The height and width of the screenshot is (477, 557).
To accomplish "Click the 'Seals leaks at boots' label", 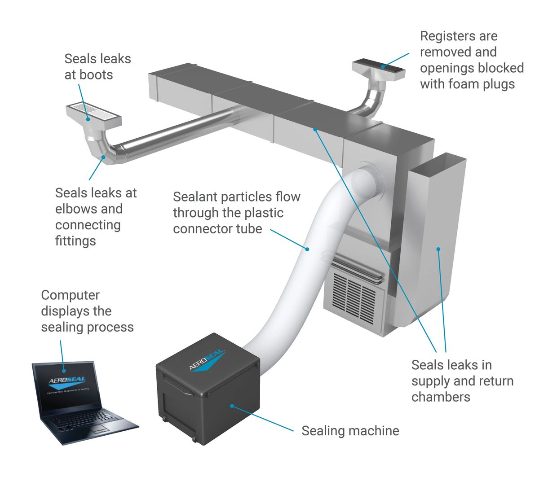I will pos(97,66).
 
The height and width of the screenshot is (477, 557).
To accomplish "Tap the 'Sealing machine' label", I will pos(350,431).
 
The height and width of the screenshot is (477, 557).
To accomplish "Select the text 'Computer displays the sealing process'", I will pos(87,311).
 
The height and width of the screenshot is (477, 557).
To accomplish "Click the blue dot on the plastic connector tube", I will pos(308,249).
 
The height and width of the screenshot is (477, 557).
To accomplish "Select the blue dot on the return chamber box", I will pos(438,248).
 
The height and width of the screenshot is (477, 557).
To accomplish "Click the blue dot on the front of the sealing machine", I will pos(232,406).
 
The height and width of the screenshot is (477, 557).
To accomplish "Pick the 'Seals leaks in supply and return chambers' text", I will pos(462,381).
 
